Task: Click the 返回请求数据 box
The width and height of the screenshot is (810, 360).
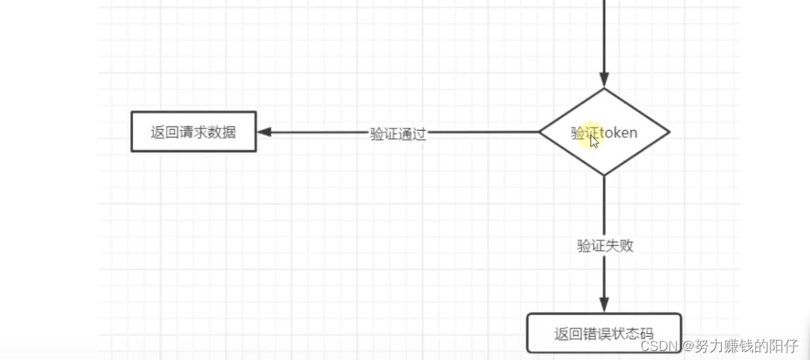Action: coord(194,132)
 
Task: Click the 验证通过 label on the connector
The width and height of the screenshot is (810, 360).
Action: coord(398,134)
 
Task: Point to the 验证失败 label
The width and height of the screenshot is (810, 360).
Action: coord(605,245)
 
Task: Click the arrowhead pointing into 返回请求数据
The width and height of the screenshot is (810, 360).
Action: coord(264,132)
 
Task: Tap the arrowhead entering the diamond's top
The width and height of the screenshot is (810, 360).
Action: coord(605,81)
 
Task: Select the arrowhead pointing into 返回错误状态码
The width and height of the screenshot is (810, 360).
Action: coord(605,304)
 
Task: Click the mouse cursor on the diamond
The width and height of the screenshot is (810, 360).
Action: coord(594,140)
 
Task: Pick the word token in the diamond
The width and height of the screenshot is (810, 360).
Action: coord(619,133)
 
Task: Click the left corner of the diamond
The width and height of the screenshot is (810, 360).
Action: coord(540,132)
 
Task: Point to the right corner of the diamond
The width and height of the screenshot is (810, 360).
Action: coord(668,132)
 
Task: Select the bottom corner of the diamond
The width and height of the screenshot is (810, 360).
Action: coord(605,175)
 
